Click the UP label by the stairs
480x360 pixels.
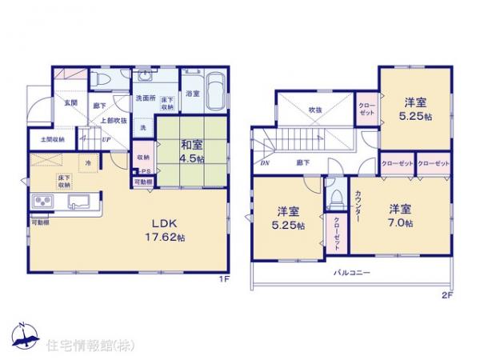(107, 138)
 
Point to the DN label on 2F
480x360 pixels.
(265, 162)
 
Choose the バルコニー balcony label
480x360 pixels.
(352, 273)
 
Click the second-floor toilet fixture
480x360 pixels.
(336, 197)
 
